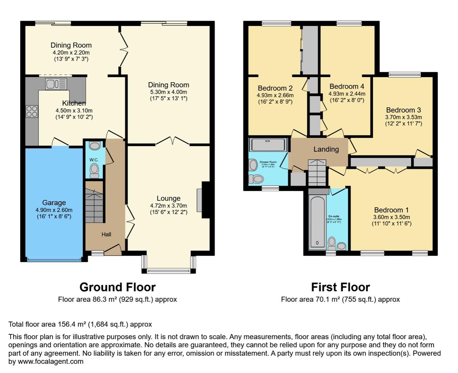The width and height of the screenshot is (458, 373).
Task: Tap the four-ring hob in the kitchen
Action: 31,111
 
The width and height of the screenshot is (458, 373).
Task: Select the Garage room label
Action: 54,203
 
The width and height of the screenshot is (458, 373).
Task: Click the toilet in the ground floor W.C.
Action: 94,170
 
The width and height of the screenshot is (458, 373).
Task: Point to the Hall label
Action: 106,235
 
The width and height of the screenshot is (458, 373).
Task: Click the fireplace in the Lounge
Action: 200,200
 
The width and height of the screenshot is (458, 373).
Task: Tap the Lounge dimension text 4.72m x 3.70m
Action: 169,205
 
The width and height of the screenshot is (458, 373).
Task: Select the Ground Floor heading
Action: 117,287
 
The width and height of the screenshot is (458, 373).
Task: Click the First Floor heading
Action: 340,287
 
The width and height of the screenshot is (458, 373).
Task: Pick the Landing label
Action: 326,149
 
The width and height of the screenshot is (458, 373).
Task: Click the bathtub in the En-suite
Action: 317,221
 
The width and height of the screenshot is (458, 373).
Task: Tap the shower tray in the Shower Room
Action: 268,145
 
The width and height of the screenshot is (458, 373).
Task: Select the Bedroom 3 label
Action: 403,110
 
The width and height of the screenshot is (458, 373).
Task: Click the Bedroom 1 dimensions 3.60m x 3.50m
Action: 391,217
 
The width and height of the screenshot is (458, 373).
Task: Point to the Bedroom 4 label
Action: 346,86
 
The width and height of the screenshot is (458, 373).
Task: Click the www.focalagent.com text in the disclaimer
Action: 50,362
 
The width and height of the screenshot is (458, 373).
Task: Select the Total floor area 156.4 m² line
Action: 80,324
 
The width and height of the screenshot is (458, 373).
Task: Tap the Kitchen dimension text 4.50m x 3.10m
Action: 74,111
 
